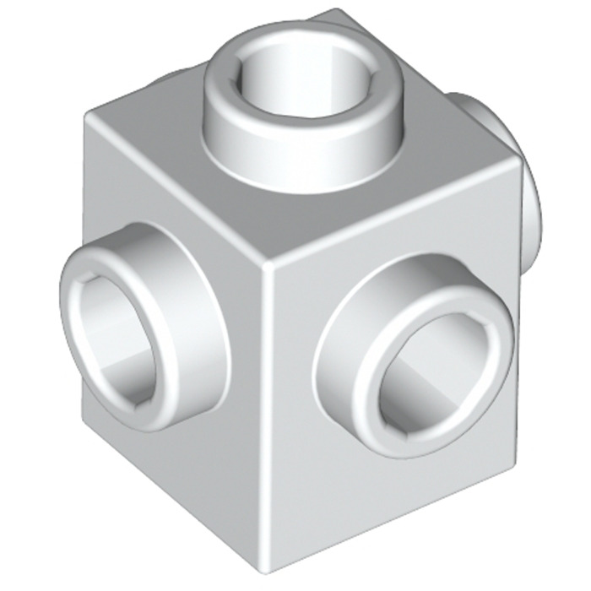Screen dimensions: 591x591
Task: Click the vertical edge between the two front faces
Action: (x=268, y=405)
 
